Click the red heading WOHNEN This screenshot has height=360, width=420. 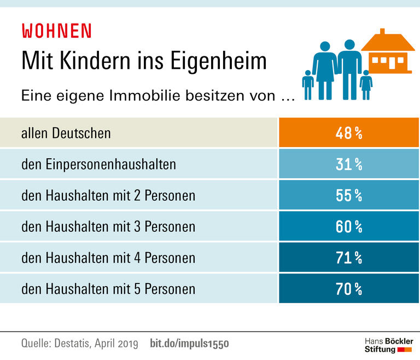56,31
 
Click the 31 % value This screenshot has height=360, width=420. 349,164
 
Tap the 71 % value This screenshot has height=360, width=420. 349,257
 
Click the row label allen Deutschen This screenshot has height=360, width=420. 66,133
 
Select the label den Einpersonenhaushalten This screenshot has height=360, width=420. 99,164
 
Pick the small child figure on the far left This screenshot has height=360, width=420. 308,85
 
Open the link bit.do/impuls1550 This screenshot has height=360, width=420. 189,344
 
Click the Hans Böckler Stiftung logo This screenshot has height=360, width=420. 389,345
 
